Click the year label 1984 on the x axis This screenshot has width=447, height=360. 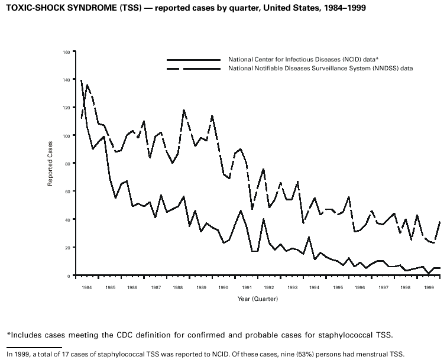coord(87,287)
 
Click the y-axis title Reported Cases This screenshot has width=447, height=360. coord(51,163)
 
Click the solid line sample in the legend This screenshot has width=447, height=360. coord(193,60)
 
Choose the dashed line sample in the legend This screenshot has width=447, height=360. coord(193,69)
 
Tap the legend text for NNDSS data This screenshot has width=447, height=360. coord(320,69)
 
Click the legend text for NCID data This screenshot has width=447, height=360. coord(303,60)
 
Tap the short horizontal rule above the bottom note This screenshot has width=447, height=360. coord(34,347)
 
